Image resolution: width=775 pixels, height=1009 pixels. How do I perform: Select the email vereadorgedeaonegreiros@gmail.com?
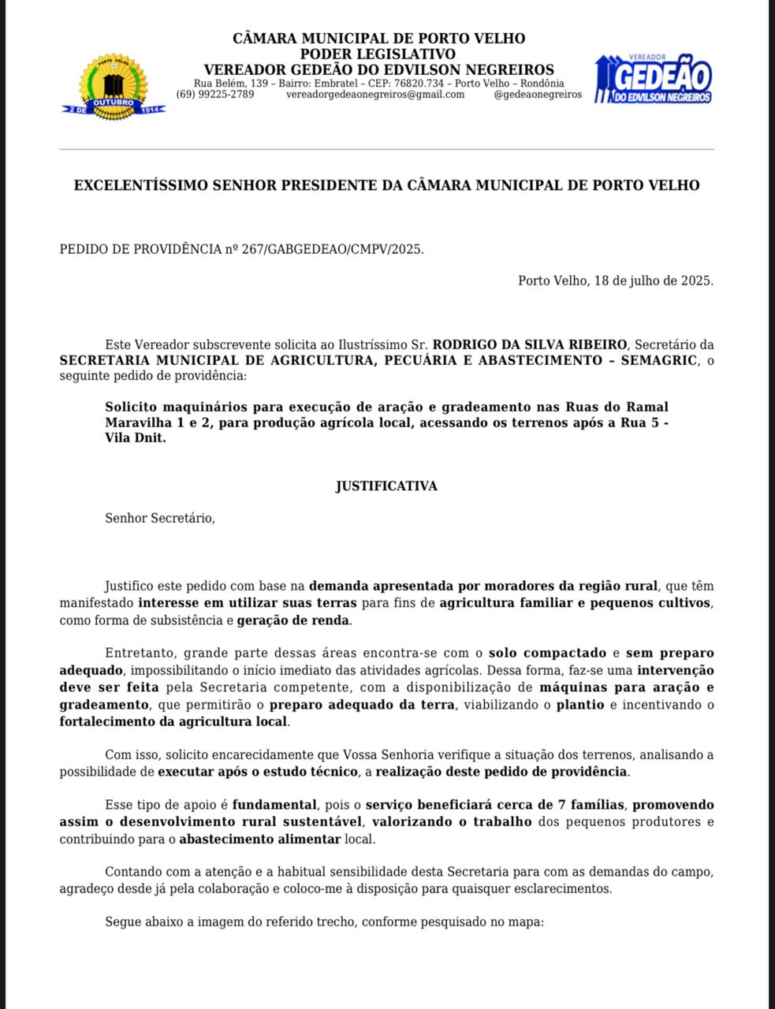tap(374, 95)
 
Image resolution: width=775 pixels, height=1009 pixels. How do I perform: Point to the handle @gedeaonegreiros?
tap(538, 95)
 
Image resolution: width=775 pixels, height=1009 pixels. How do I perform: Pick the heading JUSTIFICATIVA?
tap(386, 486)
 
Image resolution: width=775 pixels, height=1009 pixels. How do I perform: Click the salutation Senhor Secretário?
tap(160, 518)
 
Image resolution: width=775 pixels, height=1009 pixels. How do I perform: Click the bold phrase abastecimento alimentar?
tap(260, 839)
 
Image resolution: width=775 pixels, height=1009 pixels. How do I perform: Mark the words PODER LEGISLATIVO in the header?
tap(378, 54)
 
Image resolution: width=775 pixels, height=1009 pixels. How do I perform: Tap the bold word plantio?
tap(580, 704)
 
